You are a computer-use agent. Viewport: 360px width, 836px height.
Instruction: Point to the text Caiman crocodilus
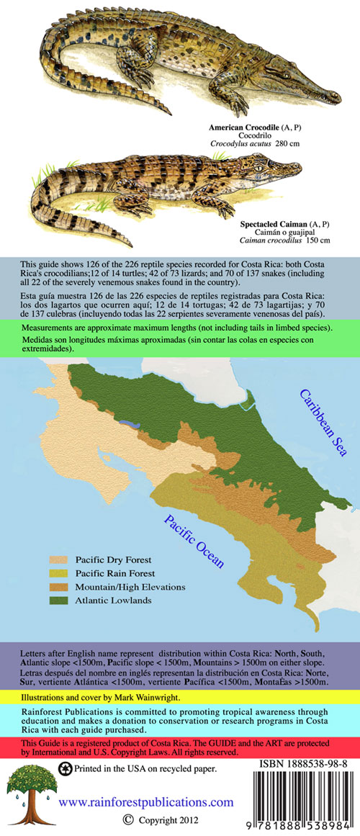[x=276, y=240]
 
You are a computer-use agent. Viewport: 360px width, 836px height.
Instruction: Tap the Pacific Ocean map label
[x=194, y=541]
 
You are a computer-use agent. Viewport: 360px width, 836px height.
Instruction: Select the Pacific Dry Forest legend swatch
[x=60, y=559]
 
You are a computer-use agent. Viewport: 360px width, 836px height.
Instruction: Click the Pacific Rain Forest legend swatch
[x=60, y=573]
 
